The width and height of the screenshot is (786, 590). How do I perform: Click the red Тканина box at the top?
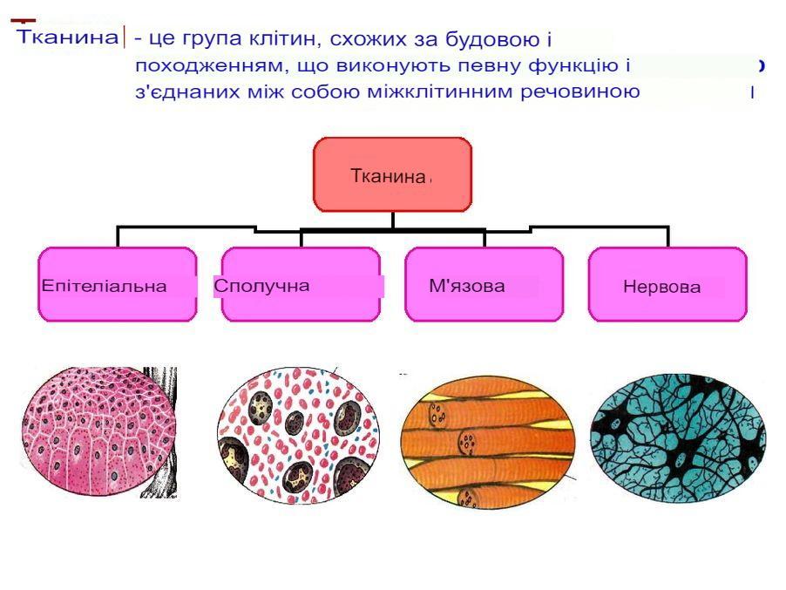[x=392, y=174]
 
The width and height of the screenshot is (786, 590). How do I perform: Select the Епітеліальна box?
[x=118, y=284]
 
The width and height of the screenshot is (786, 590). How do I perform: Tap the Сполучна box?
[x=301, y=284]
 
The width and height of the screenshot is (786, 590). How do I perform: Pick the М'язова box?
[x=484, y=284]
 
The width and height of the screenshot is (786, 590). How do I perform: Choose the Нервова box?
[x=667, y=284]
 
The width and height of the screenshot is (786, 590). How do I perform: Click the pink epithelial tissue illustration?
[x=99, y=433]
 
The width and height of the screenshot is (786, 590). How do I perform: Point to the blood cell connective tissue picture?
[x=298, y=435]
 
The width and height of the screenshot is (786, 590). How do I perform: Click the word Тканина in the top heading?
[x=68, y=37]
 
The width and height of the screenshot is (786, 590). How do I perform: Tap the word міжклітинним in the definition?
[x=442, y=92]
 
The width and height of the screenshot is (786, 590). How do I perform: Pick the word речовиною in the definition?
[x=580, y=92]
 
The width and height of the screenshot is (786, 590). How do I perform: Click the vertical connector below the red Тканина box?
[x=392, y=220]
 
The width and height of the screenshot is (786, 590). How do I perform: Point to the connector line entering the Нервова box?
[x=667, y=236]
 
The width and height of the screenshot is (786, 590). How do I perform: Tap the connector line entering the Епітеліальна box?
[x=118, y=236]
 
